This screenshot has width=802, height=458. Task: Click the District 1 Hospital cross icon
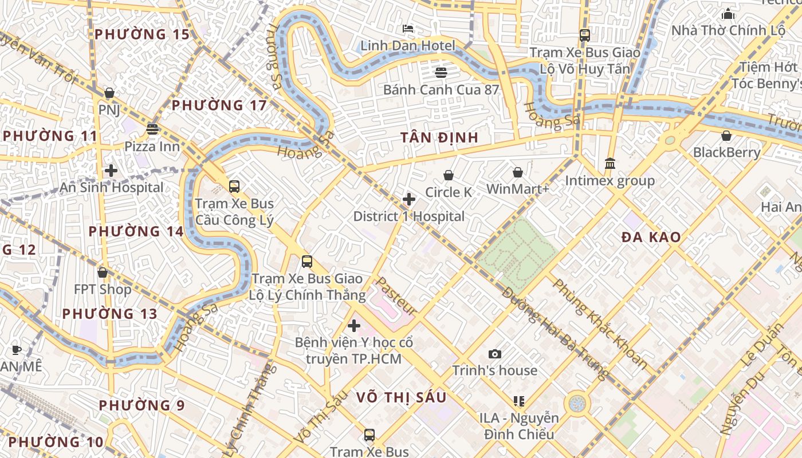pyautogui.click(x=409, y=199)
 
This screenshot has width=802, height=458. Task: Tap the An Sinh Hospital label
pyautogui.click(x=112, y=188)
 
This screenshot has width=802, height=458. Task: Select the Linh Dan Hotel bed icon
pyautogui.click(x=408, y=29)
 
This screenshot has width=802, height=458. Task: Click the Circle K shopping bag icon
pyautogui.click(x=449, y=175)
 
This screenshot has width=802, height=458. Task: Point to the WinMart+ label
pyautogui.click(x=518, y=189)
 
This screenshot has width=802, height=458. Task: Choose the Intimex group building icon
pyautogui.click(x=610, y=164)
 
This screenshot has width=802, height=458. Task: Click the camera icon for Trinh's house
pyautogui.click(x=495, y=354)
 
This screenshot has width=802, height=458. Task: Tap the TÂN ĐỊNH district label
pyautogui.click(x=439, y=137)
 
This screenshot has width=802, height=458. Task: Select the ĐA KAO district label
pyautogui.click(x=651, y=237)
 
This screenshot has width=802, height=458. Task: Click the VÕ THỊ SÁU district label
pyautogui.click(x=401, y=397)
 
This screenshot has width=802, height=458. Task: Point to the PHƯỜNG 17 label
pyautogui.click(x=219, y=105)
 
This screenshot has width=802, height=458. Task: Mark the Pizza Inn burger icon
pyautogui.click(x=152, y=129)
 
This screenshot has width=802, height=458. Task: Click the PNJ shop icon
pyautogui.click(x=109, y=93)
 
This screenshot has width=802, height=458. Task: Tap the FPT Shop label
pyautogui.click(x=103, y=290)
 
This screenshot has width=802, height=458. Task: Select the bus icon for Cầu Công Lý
pyautogui.click(x=234, y=186)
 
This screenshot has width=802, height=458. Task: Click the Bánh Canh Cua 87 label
pyautogui.click(x=441, y=90)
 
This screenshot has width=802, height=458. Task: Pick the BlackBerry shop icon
pyautogui.click(x=726, y=136)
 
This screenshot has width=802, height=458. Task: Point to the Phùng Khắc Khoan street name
pyautogui.click(x=600, y=323)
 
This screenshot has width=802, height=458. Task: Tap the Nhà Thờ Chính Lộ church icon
pyautogui.click(x=728, y=14)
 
